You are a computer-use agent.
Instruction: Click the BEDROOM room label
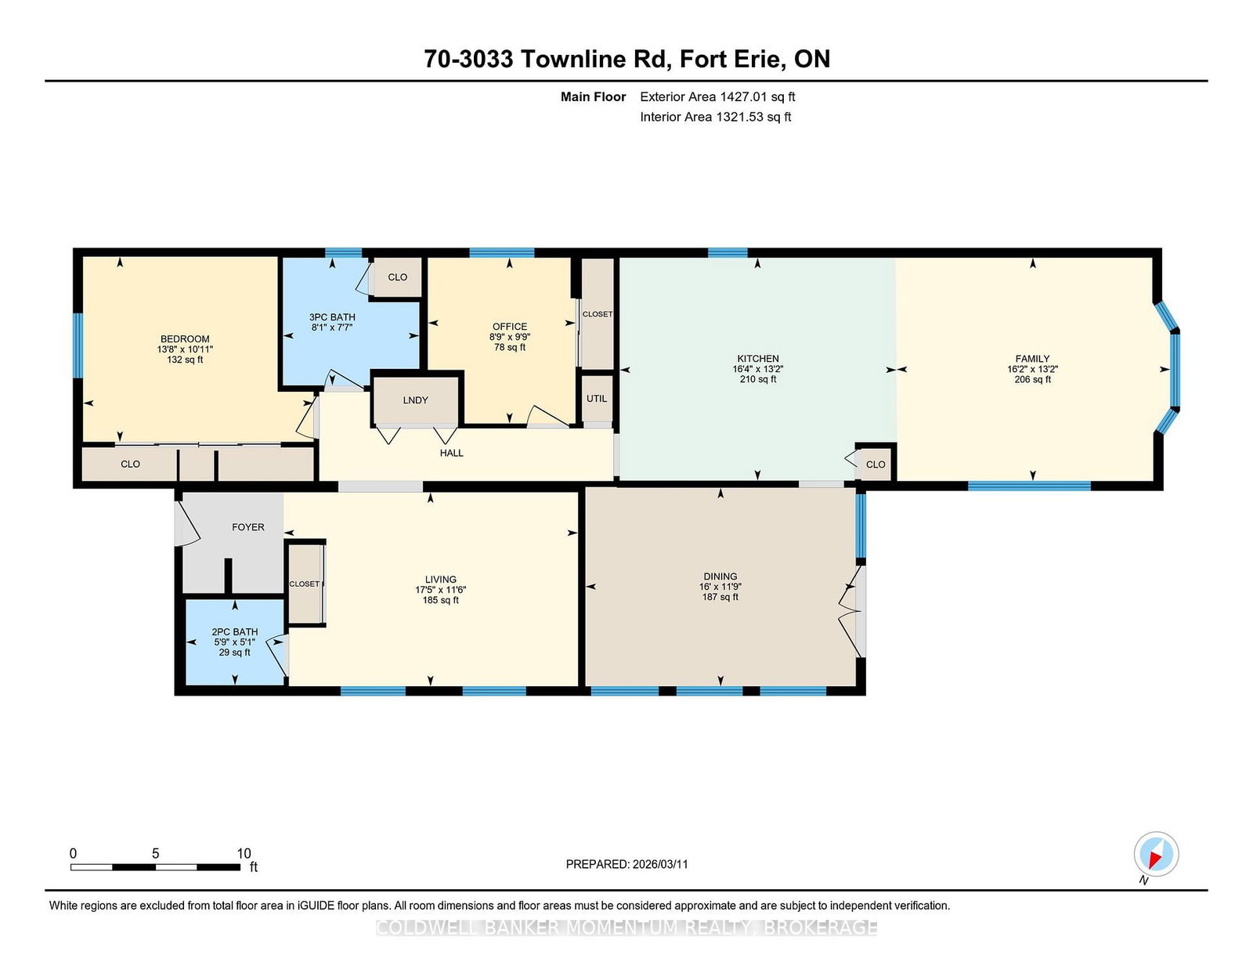185,339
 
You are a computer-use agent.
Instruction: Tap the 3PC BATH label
332,317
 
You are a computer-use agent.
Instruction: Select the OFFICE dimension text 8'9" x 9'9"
510,337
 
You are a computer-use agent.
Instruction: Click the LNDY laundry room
416,400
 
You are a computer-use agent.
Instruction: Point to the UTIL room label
597,399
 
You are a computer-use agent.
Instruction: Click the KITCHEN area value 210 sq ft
757,379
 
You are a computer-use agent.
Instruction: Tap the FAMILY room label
1032,359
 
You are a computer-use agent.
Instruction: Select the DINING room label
720,576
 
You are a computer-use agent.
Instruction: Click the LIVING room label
441,580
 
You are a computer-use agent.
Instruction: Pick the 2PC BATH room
234,642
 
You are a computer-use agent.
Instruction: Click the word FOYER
248,527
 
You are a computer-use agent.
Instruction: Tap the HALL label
452,453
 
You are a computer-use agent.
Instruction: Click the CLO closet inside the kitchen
876,465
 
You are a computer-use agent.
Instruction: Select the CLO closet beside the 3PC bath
397,277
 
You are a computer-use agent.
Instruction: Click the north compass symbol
1156,854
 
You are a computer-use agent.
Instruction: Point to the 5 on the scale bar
155,853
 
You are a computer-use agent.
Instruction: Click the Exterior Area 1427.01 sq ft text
717,97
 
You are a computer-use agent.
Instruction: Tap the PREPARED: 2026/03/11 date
626,864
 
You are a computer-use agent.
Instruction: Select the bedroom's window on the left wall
78,345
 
